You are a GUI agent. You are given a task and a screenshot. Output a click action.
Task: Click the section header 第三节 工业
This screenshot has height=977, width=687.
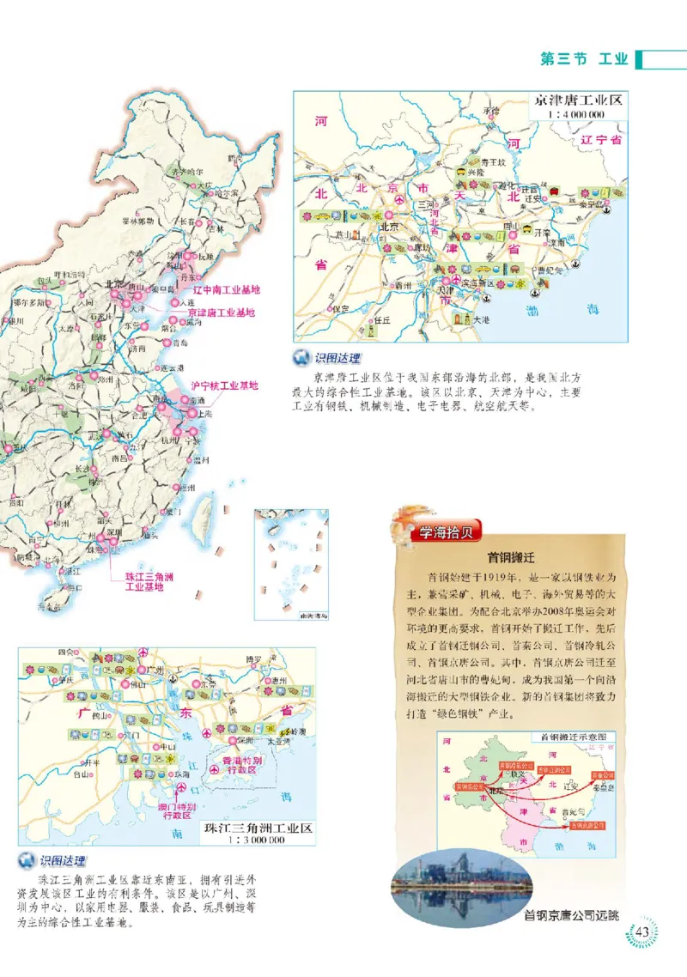coord(583,59)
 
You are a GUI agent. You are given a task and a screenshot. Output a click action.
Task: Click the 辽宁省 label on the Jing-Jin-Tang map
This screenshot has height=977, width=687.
coord(600,139)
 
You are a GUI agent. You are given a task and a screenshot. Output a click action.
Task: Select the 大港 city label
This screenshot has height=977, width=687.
coord(483,319)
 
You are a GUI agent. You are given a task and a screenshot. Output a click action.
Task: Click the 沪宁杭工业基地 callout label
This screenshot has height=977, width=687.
coord(223,385)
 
